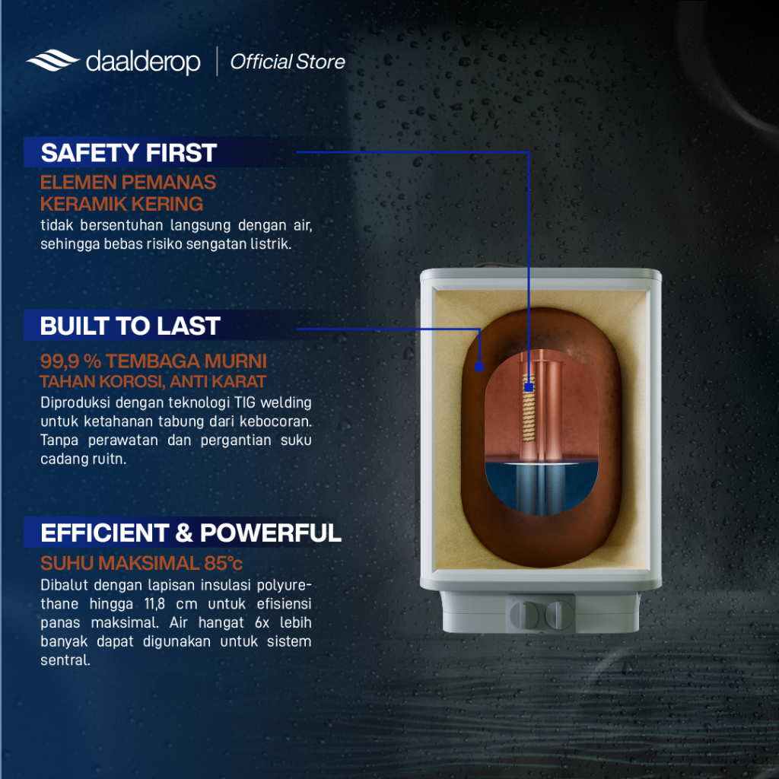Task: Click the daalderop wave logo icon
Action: point(52,61)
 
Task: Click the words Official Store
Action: point(287,62)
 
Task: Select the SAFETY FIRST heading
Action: point(129,152)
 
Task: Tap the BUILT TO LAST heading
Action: point(130,326)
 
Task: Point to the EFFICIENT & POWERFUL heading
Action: point(191,533)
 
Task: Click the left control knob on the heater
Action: point(524,615)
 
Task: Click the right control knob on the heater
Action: point(559,615)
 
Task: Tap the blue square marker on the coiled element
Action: point(529,387)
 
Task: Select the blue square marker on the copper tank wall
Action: point(479,367)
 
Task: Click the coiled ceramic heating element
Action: point(529,409)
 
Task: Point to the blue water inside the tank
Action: point(541,488)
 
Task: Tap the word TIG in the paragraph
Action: point(245,402)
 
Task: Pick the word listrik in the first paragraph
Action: point(273,244)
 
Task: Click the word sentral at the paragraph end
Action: point(65,660)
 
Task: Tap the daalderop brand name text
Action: point(143,62)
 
